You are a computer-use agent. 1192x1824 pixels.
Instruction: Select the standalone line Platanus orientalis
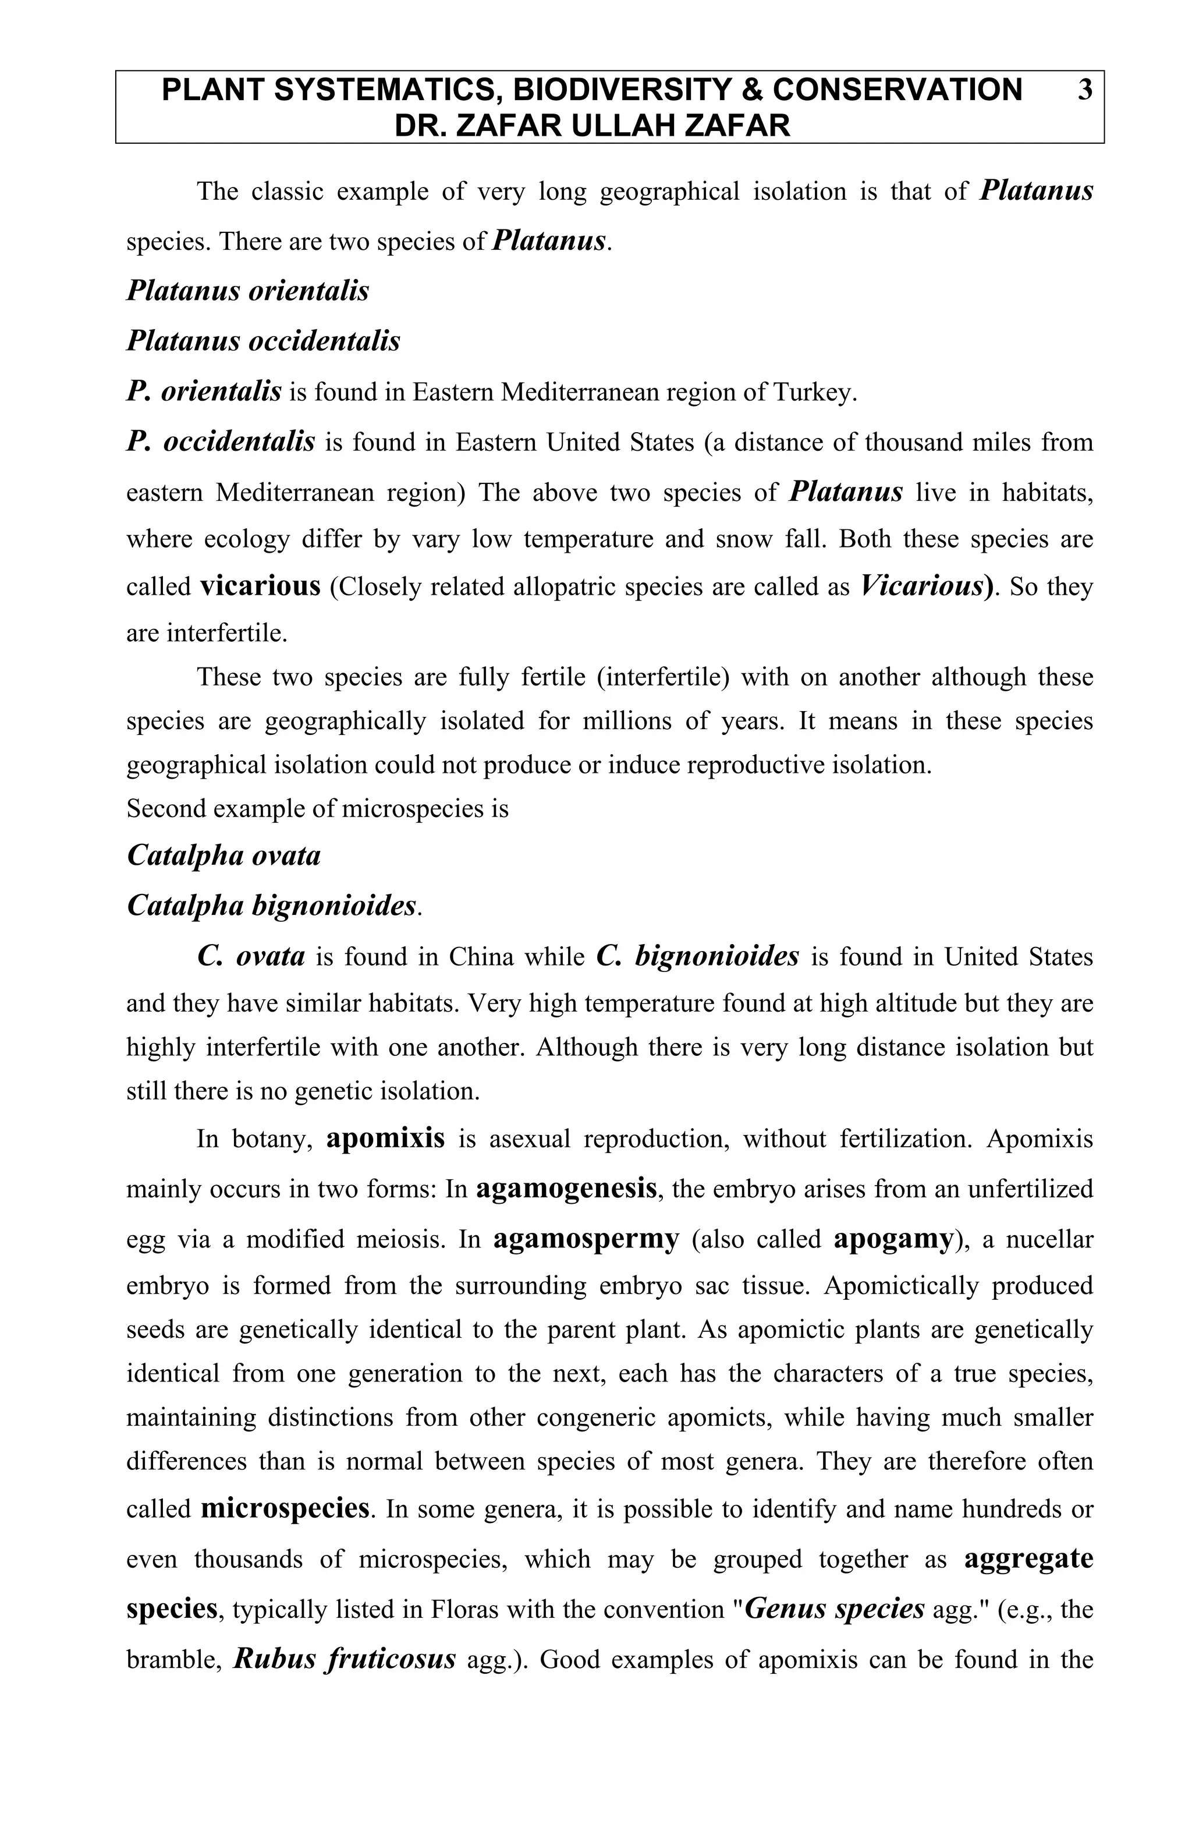tap(247, 291)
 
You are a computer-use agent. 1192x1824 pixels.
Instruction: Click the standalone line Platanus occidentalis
tap(262, 341)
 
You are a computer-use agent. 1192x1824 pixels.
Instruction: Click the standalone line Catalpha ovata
tap(223, 856)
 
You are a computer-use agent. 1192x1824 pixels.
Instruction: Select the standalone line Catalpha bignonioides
tap(272, 905)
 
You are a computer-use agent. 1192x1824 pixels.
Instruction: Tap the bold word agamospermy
tap(586, 1239)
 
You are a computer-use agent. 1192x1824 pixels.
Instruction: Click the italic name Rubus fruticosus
tap(345, 1659)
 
